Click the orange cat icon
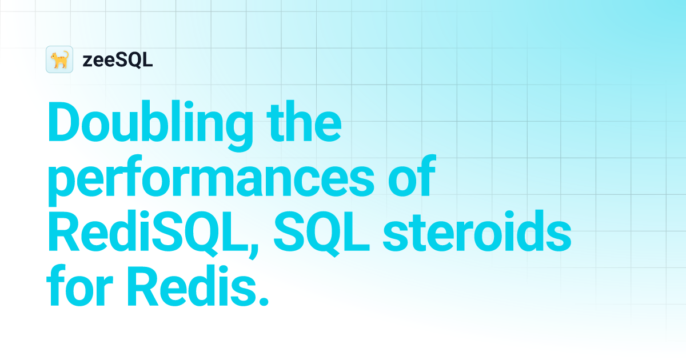[x=59, y=59]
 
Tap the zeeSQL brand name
[x=117, y=60]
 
